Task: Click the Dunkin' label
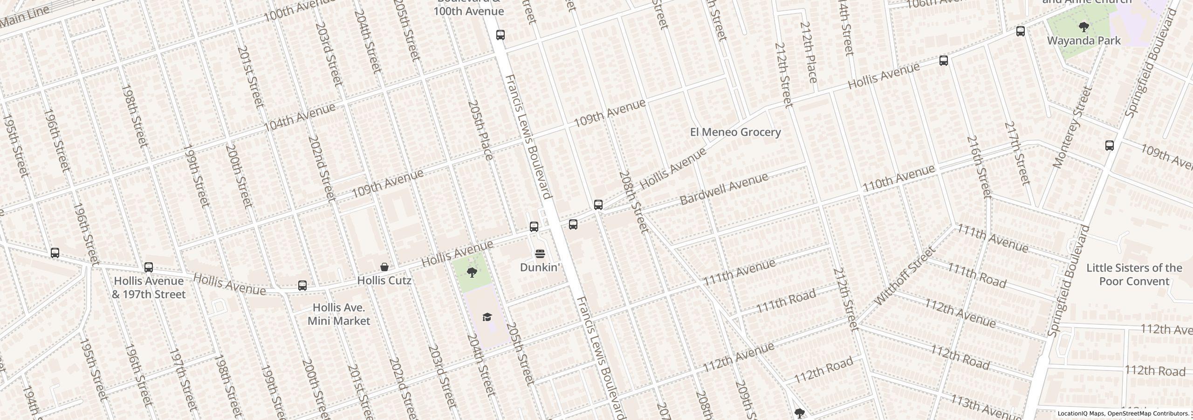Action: tap(539, 267)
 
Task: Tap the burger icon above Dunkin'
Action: tap(540, 254)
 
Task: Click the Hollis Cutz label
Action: tap(384, 280)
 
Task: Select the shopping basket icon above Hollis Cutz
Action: tap(384, 267)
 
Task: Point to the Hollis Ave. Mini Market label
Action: tap(339, 314)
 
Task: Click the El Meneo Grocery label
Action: tap(735, 132)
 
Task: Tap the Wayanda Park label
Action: tap(1083, 41)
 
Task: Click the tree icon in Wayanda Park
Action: tap(1084, 27)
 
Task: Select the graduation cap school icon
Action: tap(487, 317)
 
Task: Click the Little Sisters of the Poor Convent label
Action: tap(1134, 274)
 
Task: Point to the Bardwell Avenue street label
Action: tap(724, 189)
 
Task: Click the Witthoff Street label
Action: tap(905, 276)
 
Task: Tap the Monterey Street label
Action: tap(1072, 127)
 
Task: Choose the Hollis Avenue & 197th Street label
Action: tap(149, 287)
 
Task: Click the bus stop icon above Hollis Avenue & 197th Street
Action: tap(149, 267)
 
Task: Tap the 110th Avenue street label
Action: tap(898, 178)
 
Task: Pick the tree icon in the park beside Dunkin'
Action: tap(472, 272)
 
